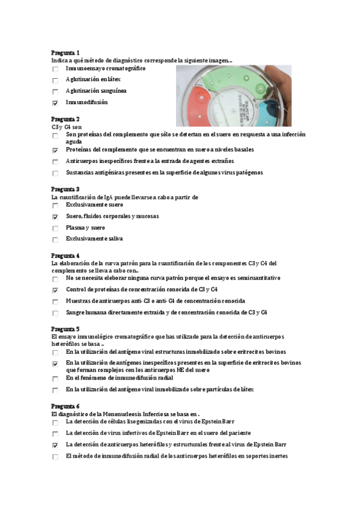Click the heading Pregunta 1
(66, 53)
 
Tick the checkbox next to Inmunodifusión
(55, 103)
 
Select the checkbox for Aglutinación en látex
(55, 80)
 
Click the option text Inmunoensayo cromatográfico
(105, 69)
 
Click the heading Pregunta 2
(66, 119)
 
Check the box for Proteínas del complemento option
(55, 150)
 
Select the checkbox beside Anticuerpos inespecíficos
(55, 162)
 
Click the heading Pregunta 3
(66, 189)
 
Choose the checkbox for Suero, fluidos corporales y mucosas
(55, 217)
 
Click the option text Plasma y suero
(85, 228)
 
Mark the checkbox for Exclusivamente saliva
(55, 239)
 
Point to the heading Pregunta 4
(66, 256)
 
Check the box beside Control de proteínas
(55, 290)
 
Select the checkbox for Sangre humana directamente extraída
(55, 313)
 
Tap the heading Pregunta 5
(66, 329)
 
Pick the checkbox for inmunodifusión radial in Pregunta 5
(55, 379)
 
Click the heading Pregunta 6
(66, 407)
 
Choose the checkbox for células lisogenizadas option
(55, 423)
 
